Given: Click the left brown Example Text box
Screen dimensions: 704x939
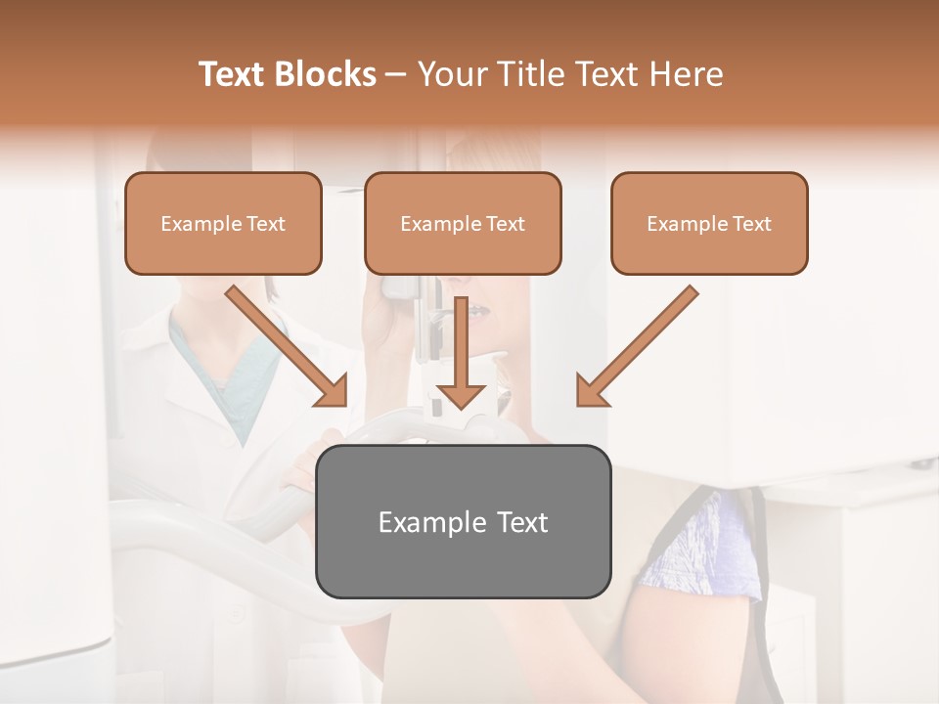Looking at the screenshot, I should pos(223,223).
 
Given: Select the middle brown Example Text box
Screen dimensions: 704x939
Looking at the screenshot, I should pos(463,223).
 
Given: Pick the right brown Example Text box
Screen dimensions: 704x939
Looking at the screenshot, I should pos(709,223).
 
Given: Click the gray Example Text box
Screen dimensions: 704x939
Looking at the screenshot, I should pos(463,521).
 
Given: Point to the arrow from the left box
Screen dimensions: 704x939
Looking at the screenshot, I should pos(284,343).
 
